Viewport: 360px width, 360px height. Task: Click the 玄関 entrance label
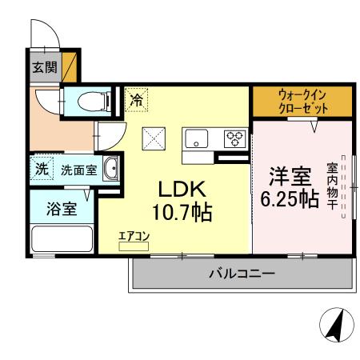tap(42, 68)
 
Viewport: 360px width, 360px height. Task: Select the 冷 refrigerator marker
tap(136, 100)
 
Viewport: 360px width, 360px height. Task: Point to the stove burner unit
tap(234, 139)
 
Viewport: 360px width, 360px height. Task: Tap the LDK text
tap(182, 190)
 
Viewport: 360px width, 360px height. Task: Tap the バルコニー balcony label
tap(242, 274)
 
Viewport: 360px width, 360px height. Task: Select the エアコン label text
tap(134, 236)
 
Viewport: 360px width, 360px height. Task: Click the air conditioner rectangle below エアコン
tap(134, 247)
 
